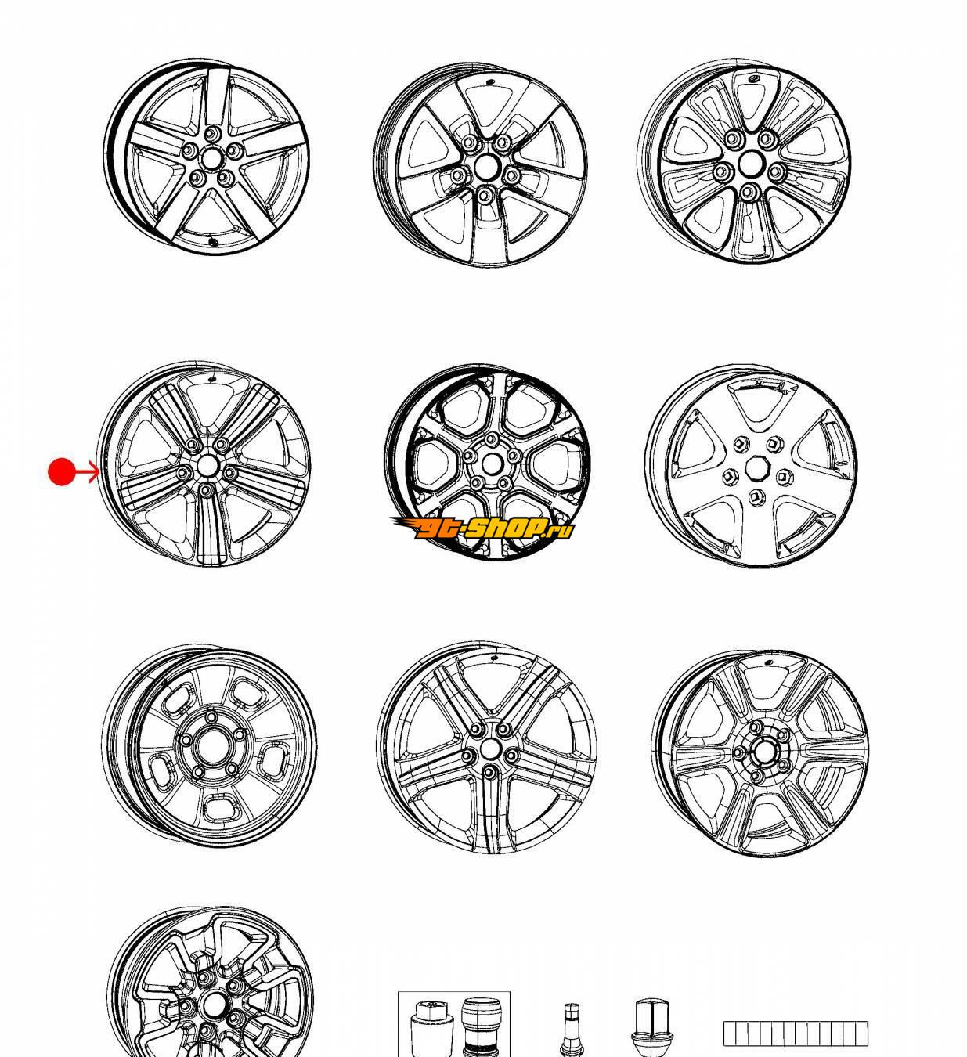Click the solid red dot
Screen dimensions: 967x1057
tap(61, 471)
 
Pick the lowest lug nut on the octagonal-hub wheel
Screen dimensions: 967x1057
tap(756, 496)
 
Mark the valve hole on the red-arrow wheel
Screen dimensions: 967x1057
tap(212, 378)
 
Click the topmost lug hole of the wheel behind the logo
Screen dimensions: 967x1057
tap(491, 438)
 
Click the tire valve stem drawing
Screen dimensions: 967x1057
tap(570, 1027)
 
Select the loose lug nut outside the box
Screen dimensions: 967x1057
tap(652, 1027)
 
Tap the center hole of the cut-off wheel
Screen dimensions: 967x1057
tap(214, 1005)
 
